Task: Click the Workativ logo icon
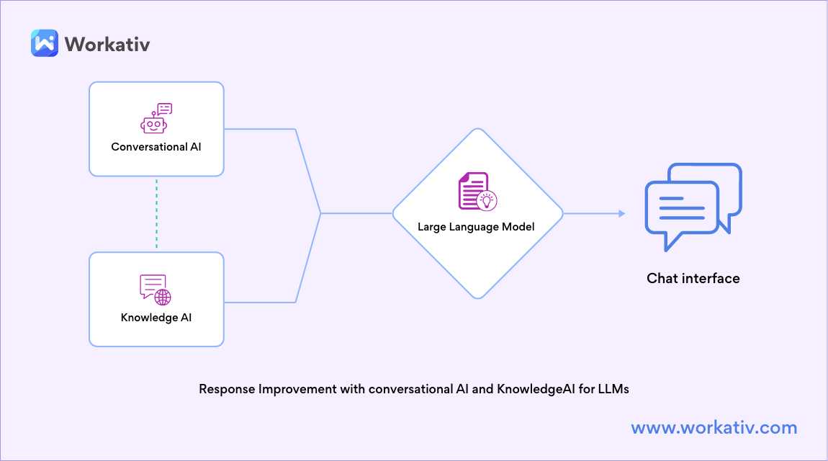coord(44,43)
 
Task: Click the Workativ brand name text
coord(107,43)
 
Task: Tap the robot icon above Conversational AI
coord(156,119)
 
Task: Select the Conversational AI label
coord(156,147)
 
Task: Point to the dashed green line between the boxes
coord(156,214)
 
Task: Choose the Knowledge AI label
coord(156,318)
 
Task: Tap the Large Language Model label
coord(477,227)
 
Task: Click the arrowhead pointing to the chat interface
coord(620,214)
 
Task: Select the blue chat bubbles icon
coord(693,206)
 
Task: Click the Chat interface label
coord(693,278)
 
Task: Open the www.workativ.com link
coord(714,428)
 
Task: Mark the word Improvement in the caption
coord(297,389)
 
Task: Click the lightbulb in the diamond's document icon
coord(489,200)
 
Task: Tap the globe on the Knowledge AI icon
coord(163,297)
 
